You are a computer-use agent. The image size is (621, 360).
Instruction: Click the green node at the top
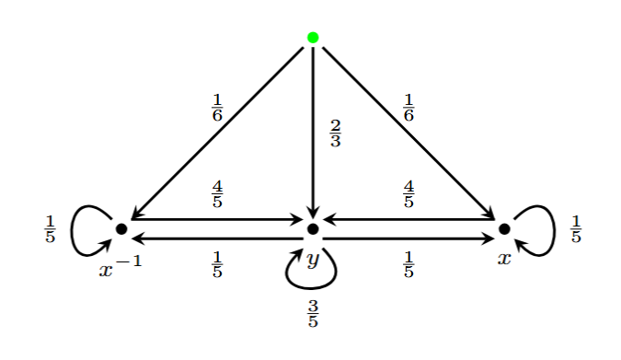coord(313,38)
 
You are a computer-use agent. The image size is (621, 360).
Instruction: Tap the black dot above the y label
coord(313,227)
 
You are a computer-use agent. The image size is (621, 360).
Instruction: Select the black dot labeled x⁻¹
coord(121,227)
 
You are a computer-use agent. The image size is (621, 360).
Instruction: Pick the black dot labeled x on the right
coord(504,227)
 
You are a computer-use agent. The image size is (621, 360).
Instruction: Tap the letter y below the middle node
coord(313,260)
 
